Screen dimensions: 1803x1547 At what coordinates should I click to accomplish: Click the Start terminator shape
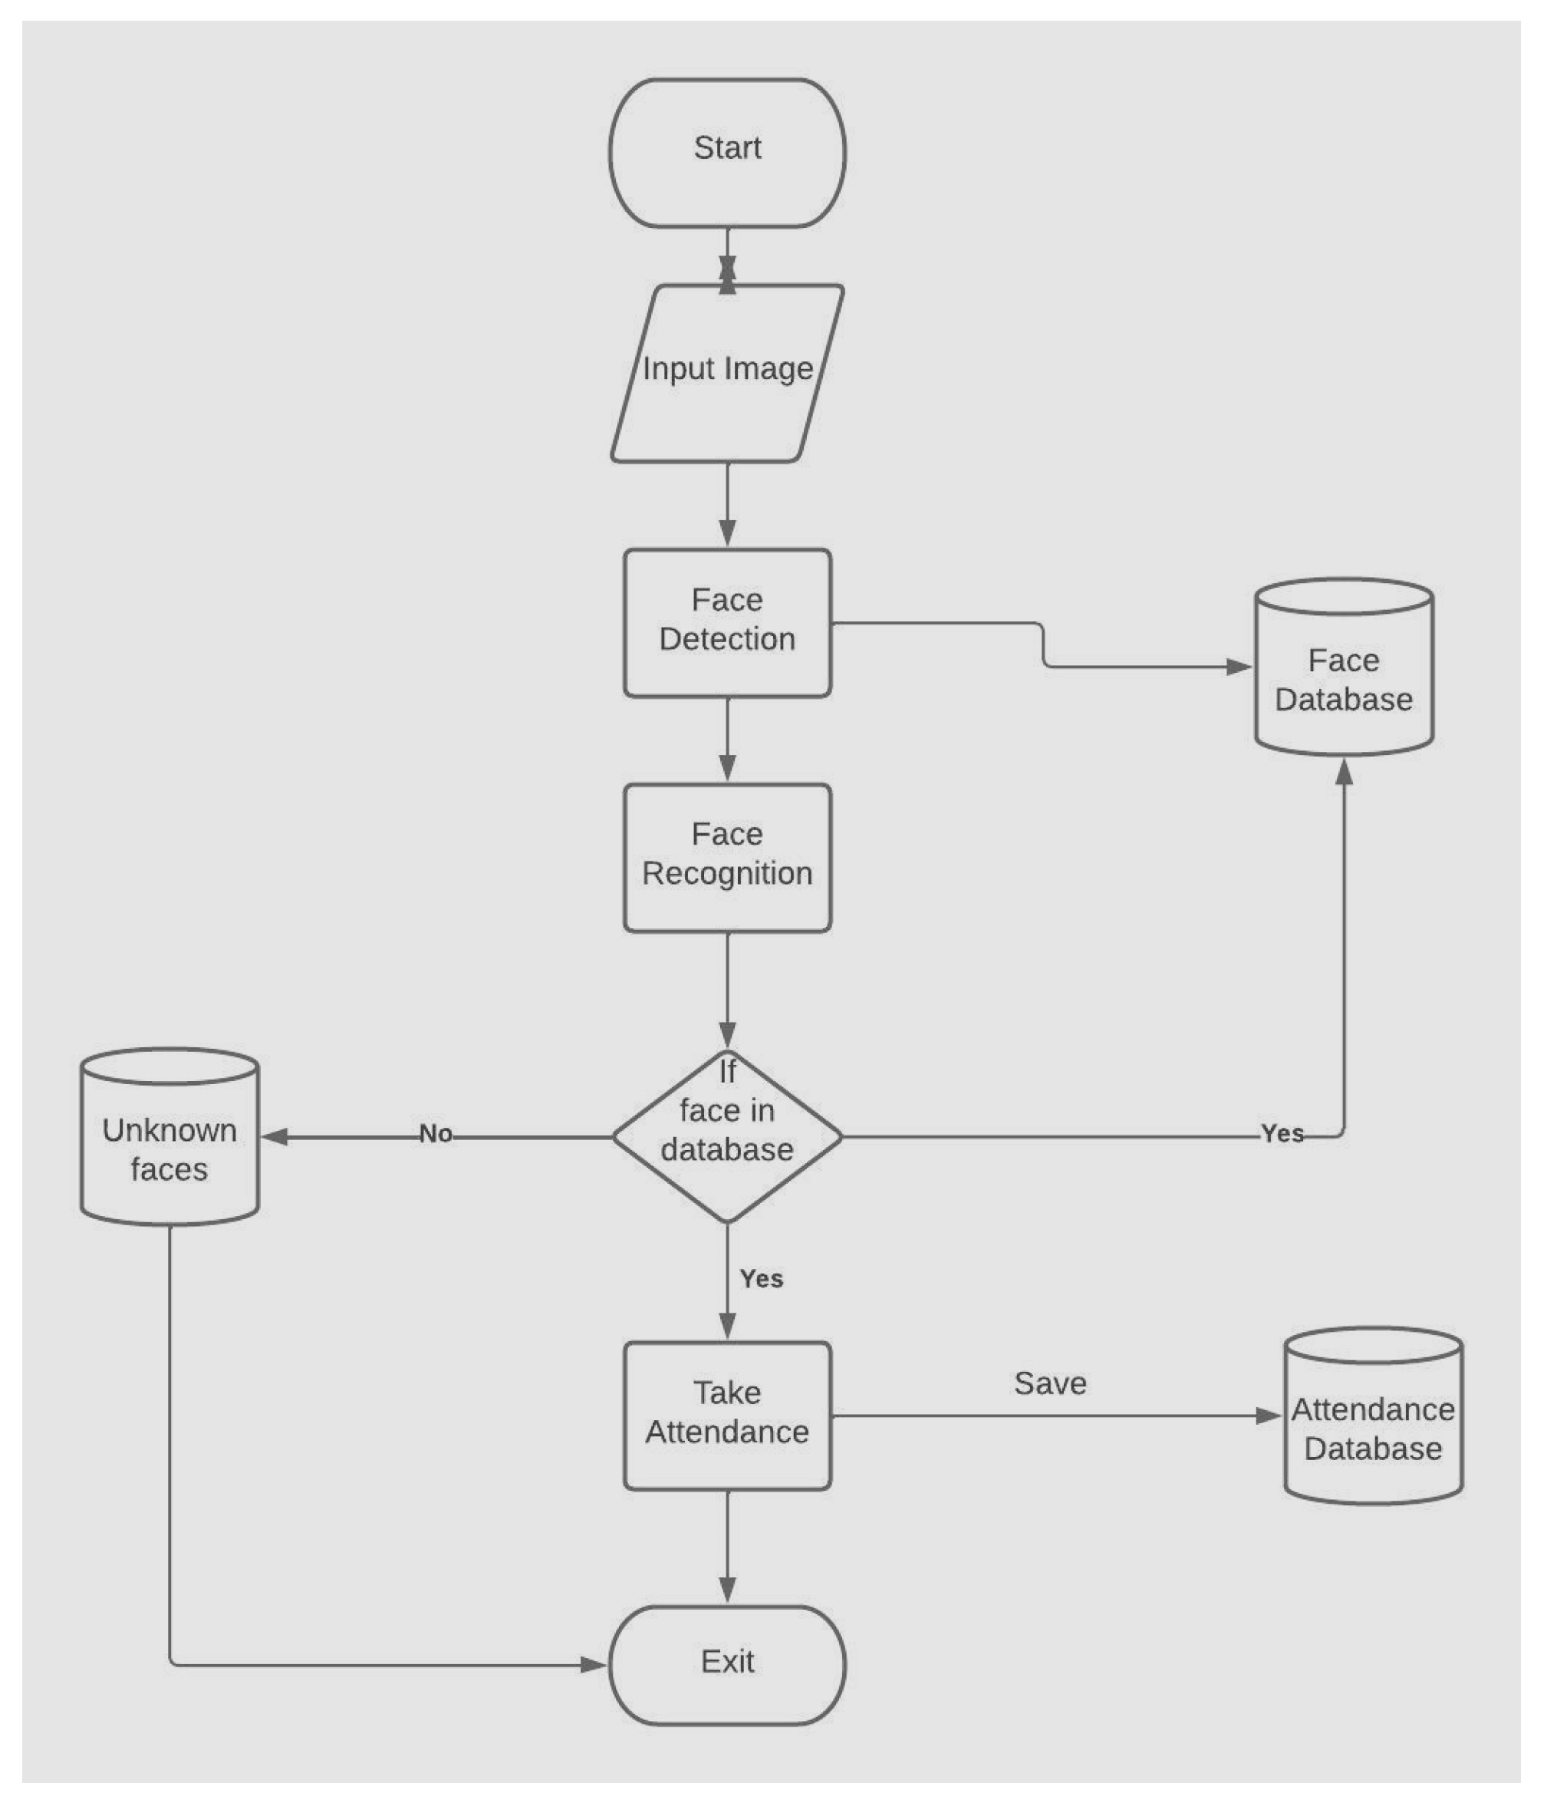727,153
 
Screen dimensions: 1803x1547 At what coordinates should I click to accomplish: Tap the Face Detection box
727,622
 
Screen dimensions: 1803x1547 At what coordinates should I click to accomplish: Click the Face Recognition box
727,857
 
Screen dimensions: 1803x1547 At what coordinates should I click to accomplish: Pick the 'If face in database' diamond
727,1136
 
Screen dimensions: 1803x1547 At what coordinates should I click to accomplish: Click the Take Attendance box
727,1416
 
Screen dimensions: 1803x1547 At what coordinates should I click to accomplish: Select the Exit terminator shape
727,1665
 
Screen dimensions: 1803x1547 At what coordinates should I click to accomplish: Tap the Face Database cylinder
1344,679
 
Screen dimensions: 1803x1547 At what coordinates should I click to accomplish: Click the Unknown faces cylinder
170,1149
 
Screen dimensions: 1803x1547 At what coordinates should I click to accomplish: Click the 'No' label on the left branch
436,1134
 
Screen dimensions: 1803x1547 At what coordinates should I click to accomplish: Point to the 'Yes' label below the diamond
762,1279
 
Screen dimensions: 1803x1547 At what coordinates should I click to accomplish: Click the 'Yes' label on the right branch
1282,1134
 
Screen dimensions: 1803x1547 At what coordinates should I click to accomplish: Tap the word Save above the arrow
1050,1383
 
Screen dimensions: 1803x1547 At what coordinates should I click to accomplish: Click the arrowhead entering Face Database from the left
1239,667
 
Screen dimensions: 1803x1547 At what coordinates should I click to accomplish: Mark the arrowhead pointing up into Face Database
1344,771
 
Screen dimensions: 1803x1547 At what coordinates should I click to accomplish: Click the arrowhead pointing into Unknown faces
274,1136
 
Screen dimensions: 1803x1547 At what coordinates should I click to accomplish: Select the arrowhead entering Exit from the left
594,1665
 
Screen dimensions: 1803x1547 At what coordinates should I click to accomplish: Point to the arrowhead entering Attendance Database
1269,1416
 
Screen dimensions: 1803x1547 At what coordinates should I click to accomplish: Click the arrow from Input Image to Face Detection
727,505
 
